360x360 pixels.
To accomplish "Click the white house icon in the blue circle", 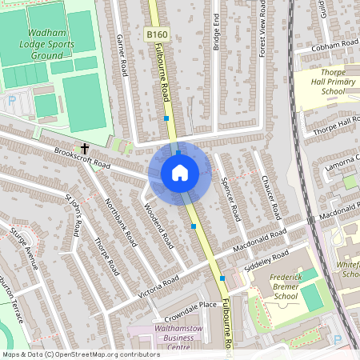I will tap(180, 172).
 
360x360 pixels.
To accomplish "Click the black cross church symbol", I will tap(84, 148).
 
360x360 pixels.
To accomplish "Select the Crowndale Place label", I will tap(186, 305).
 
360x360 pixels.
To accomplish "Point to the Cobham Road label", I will tap(321, 47).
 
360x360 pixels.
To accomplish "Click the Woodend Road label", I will tap(158, 226).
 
